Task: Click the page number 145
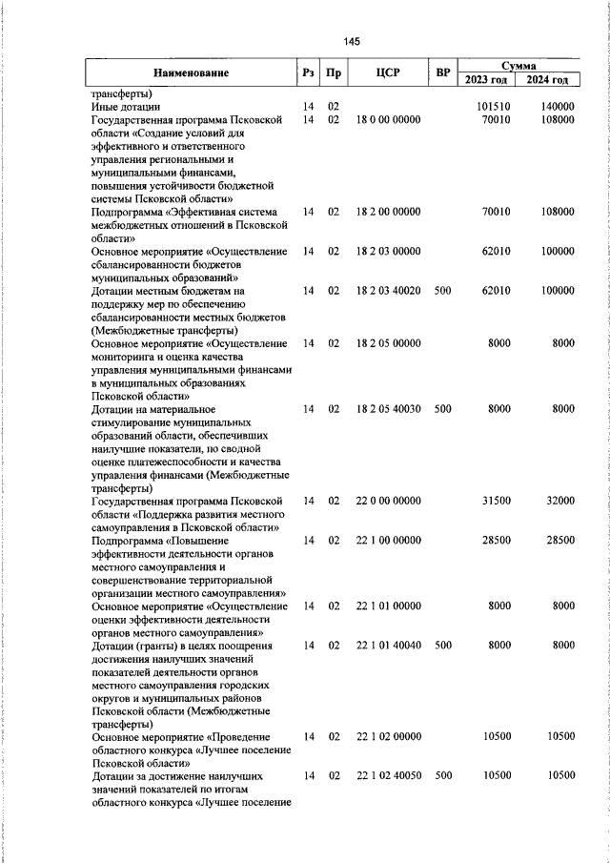tap(352, 41)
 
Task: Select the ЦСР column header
tap(386, 73)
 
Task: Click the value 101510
tap(494, 107)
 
